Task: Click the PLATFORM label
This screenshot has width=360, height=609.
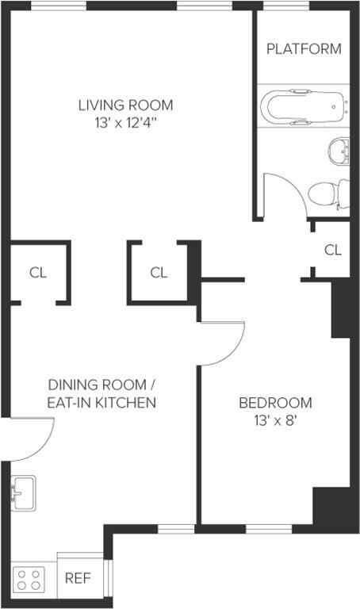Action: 304,48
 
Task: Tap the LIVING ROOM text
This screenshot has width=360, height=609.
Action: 126,105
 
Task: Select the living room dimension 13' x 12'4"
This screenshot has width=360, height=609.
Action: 126,124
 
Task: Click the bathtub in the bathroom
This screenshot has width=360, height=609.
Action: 303,106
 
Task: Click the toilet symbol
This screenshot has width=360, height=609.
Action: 328,193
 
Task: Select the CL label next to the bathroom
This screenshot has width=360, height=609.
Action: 333,250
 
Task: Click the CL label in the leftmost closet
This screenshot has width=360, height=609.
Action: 38,273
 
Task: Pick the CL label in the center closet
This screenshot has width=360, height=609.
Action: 159,273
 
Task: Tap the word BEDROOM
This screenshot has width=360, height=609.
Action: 275,403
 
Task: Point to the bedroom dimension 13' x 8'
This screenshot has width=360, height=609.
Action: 275,420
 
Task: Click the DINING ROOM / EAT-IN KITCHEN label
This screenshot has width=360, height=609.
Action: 101,393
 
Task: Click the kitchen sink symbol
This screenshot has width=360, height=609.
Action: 23,493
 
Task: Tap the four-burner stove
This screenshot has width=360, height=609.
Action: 29,580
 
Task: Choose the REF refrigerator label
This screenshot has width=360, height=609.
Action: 78,578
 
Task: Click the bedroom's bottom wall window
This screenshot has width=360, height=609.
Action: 269,529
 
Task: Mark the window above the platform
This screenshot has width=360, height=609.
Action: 286,6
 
